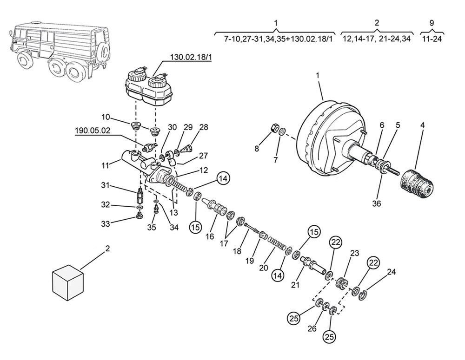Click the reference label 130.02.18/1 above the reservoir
tap(191, 57)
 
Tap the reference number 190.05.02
tap(93, 131)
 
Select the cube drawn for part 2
tap(68, 283)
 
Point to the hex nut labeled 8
tap(275, 128)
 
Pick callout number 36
tap(377, 204)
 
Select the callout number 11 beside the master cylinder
tap(106, 165)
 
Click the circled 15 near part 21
tap(314, 232)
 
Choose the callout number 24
tap(392, 272)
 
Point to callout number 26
tap(312, 328)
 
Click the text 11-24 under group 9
tap(432, 39)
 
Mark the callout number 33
tap(106, 224)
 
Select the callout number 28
tap(204, 127)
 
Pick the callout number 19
tap(250, 261)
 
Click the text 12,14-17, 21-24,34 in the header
tap(377, 39)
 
